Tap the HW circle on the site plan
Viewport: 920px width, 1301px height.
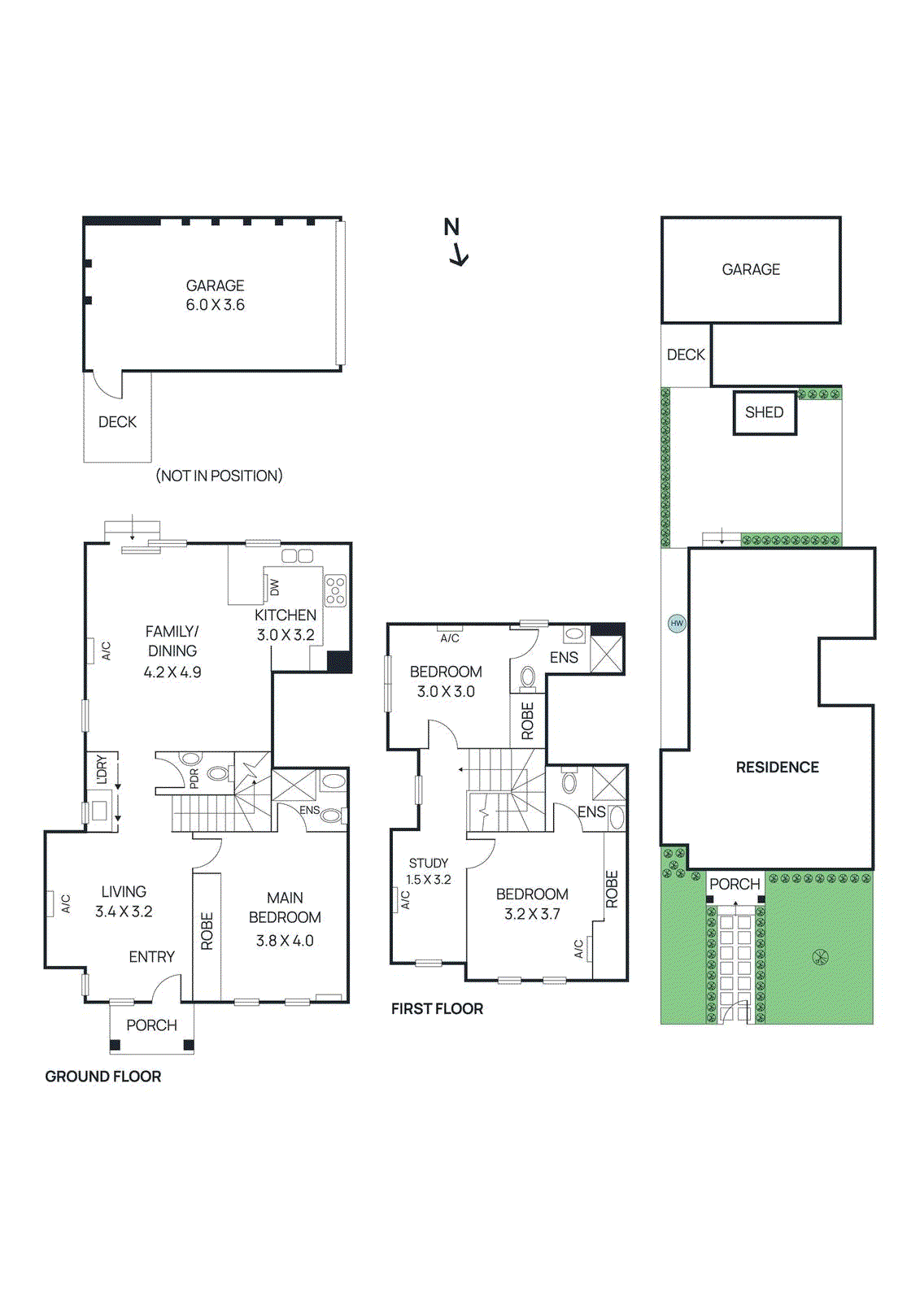(677, 624)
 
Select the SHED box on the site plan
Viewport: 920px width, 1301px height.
(764, 413)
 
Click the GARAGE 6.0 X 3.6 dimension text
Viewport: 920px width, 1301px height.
(215, 305)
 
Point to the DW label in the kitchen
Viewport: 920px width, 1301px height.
(274, 586)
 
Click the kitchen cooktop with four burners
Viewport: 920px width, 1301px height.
(335, 590)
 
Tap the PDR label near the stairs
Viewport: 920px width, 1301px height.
(194, 779)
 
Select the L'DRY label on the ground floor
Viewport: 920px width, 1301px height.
(102, 769)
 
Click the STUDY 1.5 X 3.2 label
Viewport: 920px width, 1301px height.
(429, 871)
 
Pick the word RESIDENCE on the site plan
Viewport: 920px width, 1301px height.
(777, 768)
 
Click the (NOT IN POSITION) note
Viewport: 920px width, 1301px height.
(219, 476)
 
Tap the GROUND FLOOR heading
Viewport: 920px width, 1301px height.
(103, 1077)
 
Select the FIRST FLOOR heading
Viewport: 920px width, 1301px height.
(437, 1009)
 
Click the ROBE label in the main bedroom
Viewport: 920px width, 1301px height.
(207, 931)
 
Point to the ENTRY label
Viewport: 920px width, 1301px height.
(152, 957)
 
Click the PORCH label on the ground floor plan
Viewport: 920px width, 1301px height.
(151, 1025)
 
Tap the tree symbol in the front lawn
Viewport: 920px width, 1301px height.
(820, 957)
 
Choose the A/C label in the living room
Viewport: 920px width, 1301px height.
(66, 903)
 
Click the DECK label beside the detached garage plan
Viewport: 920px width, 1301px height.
(117, 422)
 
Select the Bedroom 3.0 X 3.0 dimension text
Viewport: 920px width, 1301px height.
(446, 692)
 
